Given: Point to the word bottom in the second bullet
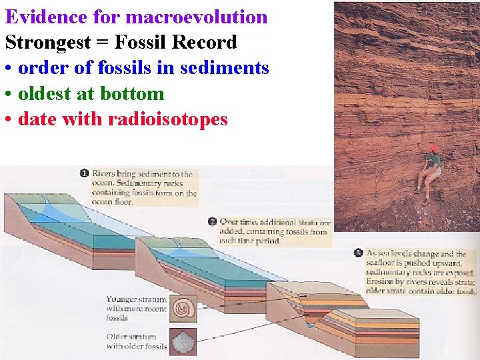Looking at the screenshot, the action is (x=133, y=94).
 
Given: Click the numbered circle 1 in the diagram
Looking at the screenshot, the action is (x=85, y=174).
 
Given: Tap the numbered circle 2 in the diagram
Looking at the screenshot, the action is (x=212, y=222).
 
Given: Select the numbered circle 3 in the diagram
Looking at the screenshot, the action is (x=359, y=253).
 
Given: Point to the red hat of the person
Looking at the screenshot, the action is (x=434, y=149).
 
